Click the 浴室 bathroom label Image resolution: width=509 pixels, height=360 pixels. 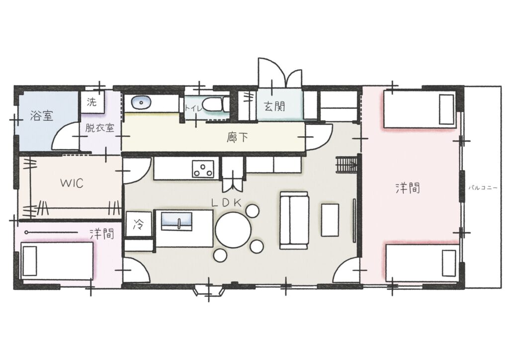(x=42, y=115)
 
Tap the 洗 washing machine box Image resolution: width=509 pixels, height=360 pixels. (x=92, y=102)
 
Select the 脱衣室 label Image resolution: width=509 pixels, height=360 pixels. (x=99, y=128)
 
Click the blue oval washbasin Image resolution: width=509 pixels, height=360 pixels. (x=141, y=102)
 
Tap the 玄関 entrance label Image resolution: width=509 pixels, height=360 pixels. (x=274, y=106)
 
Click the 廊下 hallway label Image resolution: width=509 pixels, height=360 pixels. (x=237, y=138)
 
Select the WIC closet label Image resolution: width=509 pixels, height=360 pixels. (x=72, y=183)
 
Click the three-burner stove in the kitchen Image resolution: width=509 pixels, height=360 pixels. (x=203, y=169)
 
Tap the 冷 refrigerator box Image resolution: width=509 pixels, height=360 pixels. (x=139, y=224)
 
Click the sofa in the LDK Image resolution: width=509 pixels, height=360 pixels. (x=294, y=220)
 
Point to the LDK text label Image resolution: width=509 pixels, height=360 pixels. (x=227, y=203)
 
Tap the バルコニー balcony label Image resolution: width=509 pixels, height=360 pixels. (x=483, y=187)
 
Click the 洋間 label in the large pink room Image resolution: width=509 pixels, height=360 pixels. (x=408, y=187)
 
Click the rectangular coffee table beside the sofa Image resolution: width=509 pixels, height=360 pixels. (x=330, y=220)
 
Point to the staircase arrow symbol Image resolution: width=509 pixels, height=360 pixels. (x=346, y=165)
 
